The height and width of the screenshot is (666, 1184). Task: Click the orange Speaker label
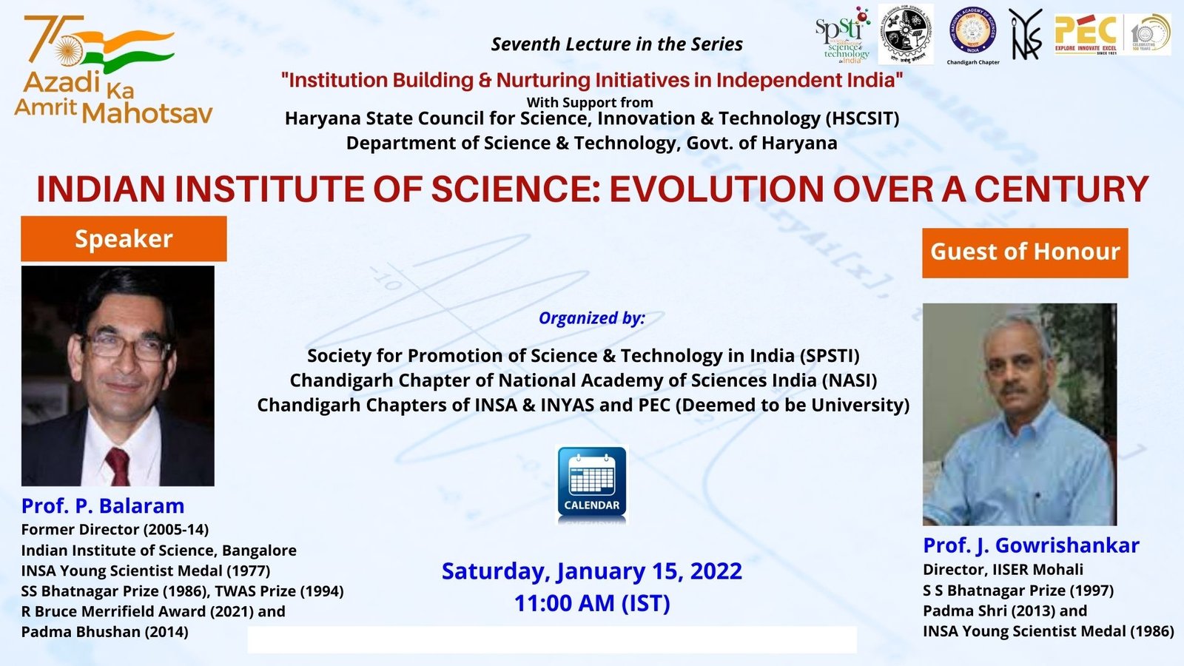(124, 239)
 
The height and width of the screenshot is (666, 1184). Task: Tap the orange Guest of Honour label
(1025, 252)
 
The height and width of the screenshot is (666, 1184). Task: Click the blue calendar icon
(591, 482)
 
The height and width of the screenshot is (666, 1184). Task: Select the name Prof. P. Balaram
(103, 506)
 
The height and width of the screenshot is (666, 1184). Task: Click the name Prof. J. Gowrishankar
(1031, 545)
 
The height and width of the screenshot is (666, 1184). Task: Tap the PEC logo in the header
(1086, 33)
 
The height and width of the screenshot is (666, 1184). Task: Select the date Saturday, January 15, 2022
(591, 571)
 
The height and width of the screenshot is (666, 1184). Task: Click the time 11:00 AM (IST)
(592, 604)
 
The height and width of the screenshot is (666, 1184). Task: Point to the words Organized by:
(591, 318)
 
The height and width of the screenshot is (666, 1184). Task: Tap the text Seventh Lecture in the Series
(616, 44)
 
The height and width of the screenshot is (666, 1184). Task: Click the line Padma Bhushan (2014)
(104, 632)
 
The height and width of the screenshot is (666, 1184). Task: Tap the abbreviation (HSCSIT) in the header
(863, 118)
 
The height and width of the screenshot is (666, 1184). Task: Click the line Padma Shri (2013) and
(1004, 611)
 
